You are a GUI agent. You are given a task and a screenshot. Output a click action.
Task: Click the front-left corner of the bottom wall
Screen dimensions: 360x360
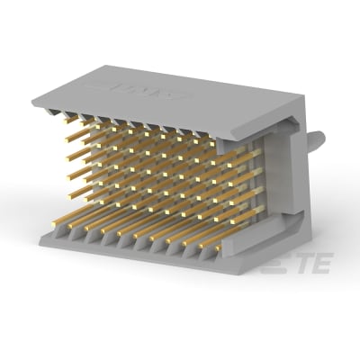click(x=42, y=236)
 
